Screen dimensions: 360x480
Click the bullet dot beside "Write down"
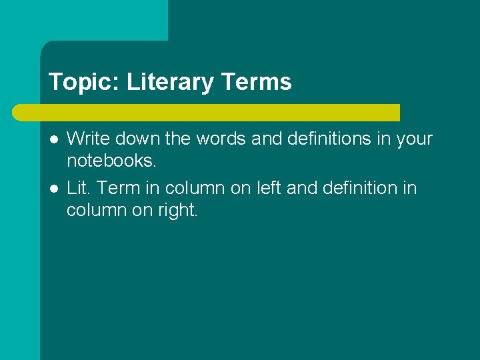pos(53,139)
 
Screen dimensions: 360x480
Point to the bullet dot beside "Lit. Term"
pos(53,189)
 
